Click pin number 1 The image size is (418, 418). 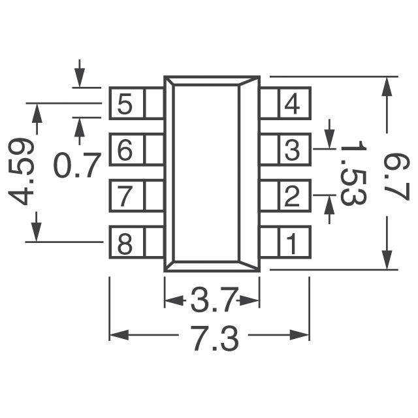[x=291, y=244]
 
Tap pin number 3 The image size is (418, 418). [x=291, y=150]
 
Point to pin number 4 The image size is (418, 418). [x=291, y=104]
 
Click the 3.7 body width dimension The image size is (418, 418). [x=212, y=301]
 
